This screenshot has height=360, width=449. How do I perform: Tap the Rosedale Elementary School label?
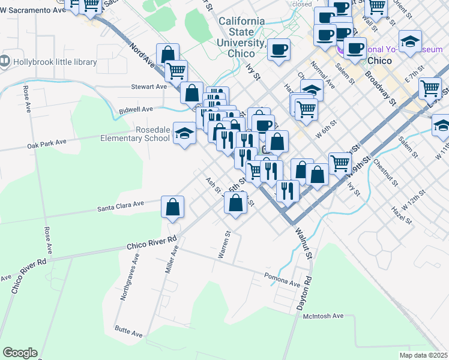tap(136, 134)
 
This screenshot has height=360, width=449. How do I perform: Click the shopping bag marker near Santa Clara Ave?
tap(172, 207)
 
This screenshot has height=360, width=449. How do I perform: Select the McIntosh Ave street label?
tap(323, 316)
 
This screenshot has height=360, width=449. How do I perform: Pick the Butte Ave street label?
tap(128, 329)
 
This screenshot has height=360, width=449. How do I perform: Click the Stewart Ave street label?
tap(149, 86)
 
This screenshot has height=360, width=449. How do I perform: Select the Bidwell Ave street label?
tap(136, 110)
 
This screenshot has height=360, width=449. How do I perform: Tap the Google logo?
tap(20, 353)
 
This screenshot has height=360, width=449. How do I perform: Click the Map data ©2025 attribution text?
tap(423, 355)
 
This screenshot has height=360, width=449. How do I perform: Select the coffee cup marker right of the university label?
tap(279, 49)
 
